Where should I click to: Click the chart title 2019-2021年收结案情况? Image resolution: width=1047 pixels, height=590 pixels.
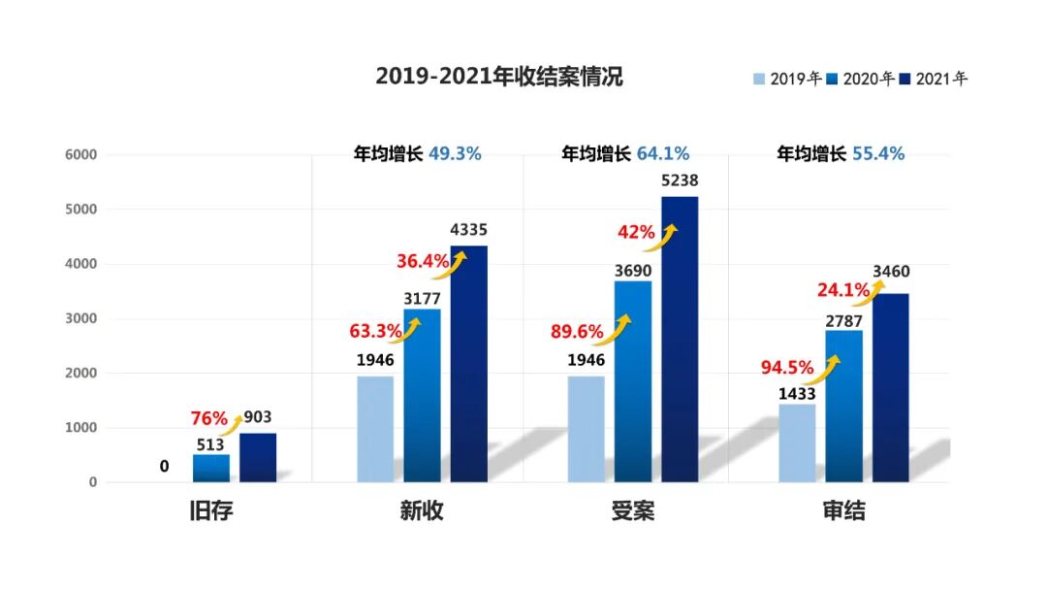499,78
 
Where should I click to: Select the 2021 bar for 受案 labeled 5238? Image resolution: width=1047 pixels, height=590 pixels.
680,339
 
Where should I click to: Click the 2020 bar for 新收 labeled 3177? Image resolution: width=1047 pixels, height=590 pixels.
422,395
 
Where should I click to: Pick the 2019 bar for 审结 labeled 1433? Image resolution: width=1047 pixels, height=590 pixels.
797,442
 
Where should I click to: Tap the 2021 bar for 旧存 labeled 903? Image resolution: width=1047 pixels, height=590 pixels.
258,457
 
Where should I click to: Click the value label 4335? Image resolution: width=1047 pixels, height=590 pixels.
469,231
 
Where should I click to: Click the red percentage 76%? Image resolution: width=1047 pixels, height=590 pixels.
208,419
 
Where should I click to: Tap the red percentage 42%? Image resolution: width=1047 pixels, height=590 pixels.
636,233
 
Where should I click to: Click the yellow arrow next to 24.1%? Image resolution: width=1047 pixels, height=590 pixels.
872,290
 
